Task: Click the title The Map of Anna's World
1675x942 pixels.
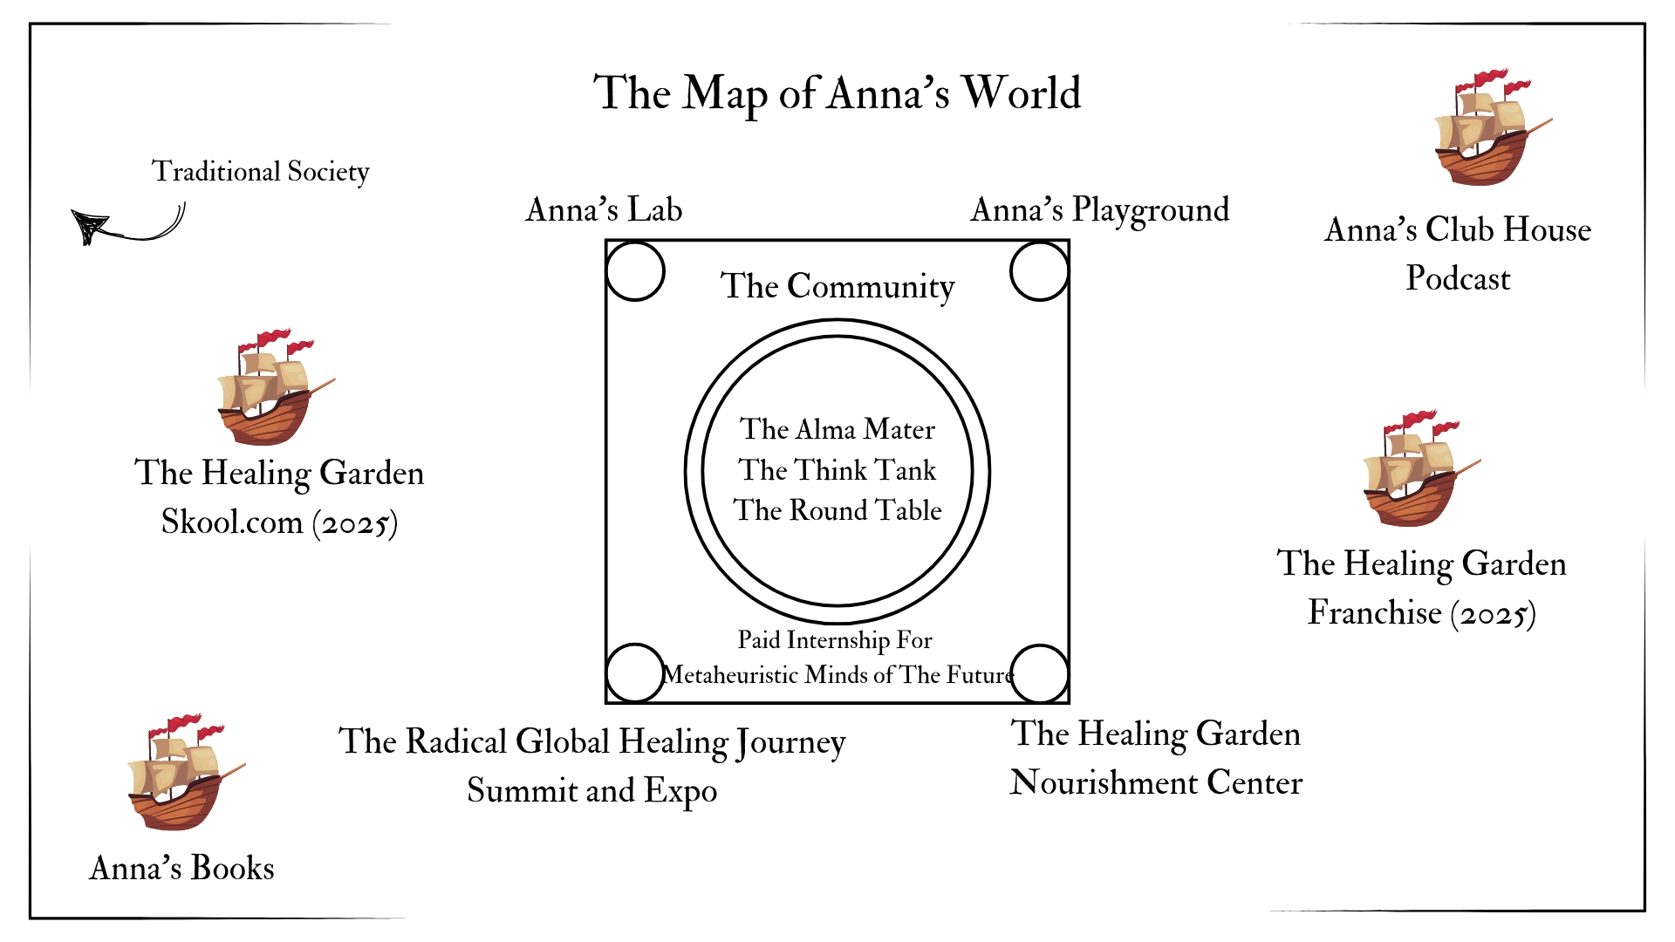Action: tap(837, 93)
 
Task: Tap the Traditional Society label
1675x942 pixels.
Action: tap(260, 172)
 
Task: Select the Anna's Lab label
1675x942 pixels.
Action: tap(604, 210)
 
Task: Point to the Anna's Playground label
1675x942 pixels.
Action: tap(1100, 210)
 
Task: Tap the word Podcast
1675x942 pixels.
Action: tap(1458, 278)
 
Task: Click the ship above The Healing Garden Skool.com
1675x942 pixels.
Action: tap(276, 387)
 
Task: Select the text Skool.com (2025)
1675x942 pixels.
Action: tap(279, 522)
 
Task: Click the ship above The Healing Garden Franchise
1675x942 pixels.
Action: tap(1422, 468)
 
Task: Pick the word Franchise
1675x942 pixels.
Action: tap(1374, 612)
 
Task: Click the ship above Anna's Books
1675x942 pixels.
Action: tap(187, 772)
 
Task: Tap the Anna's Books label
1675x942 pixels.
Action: tap(181, 868)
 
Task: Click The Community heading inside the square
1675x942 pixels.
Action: tap(837, 286)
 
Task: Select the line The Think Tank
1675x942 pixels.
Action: tap(837, 470)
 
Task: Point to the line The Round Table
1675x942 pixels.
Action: tap(837, 510)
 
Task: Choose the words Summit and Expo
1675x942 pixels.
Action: tap(592, 790)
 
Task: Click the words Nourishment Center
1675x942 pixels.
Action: tap(1156, 782)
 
